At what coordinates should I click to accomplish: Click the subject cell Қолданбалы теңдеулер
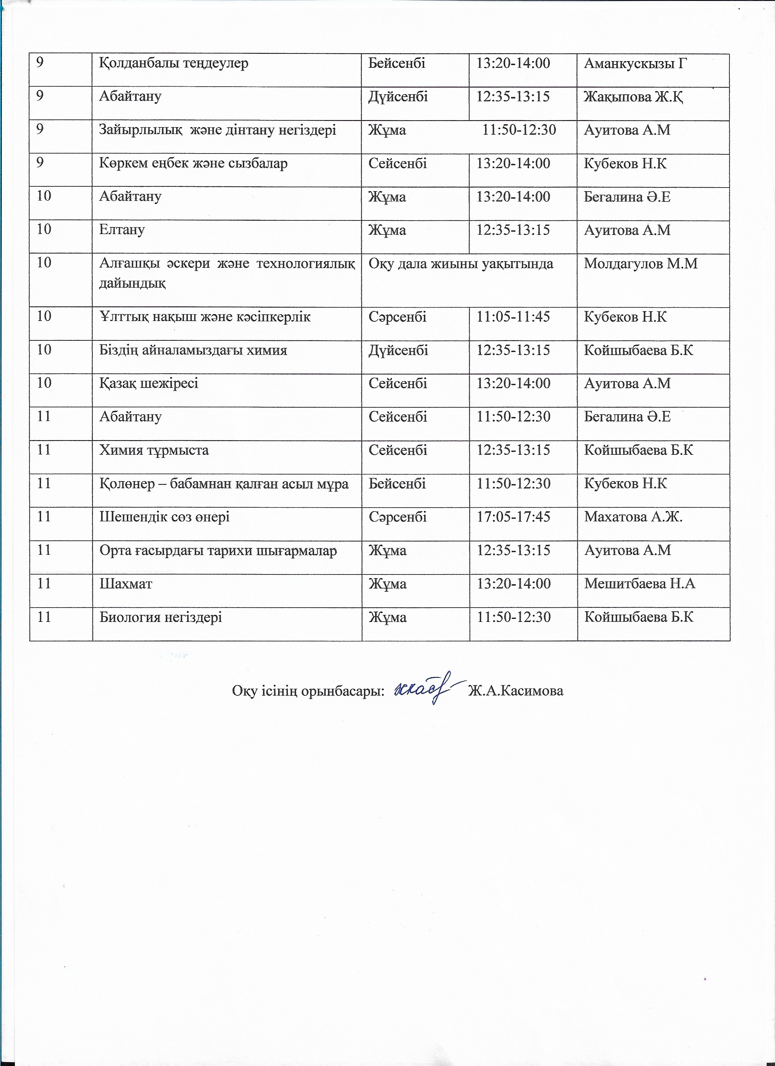[174, 64]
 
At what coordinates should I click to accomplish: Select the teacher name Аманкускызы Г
[635, 64]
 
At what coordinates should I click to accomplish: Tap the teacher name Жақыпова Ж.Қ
[633, 97]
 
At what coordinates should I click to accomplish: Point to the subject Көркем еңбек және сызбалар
[193, 164]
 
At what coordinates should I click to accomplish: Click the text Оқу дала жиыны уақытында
[460, 264]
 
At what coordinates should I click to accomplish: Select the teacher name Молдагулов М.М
[641, 264]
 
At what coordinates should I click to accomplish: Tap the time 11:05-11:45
[513, 317]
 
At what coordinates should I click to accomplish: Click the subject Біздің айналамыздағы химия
[193, 350]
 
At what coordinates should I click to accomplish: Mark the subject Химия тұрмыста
[154, 450]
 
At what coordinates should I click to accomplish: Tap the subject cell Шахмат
[126, 584]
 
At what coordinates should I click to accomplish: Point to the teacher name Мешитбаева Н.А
[639, 584]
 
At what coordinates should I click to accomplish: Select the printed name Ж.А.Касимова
[515, 691]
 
